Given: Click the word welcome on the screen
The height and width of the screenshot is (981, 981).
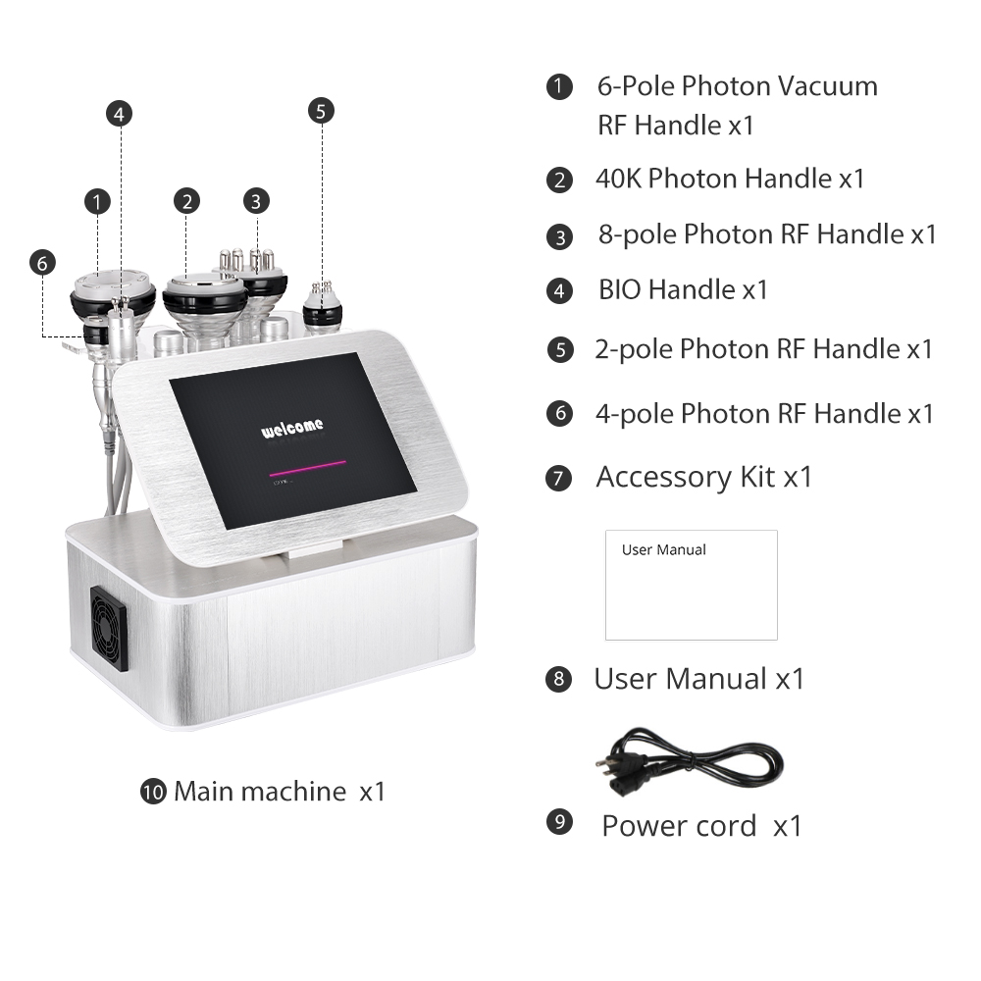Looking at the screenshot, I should point(291,429).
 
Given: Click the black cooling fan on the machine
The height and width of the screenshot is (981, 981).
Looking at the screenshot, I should point(109,629).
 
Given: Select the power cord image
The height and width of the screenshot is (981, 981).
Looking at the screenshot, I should point(688,761).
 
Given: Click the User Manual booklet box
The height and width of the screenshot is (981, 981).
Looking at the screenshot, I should point(691,585).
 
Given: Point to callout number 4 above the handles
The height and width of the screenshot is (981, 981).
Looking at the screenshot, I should point(120,113).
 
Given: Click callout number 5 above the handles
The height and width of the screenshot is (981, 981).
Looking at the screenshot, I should point(321,111).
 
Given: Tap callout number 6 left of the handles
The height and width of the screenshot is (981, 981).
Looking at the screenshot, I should point(41,263).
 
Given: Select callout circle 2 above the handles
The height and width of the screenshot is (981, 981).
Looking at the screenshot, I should point(186,201).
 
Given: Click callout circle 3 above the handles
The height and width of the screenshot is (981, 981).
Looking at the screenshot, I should point(256,201).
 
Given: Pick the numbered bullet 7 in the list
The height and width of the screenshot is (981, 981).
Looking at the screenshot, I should point(558,479).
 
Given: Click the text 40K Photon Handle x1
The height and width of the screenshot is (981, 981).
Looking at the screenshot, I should point(730,179).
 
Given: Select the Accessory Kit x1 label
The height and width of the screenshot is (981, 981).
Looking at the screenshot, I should point(704,477).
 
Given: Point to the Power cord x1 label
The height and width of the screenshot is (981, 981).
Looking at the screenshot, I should point(701,826).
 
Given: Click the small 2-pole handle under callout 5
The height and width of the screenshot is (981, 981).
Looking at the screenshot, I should point(322,309).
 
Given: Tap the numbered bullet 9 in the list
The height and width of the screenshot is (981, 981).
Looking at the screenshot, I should point(558,822).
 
